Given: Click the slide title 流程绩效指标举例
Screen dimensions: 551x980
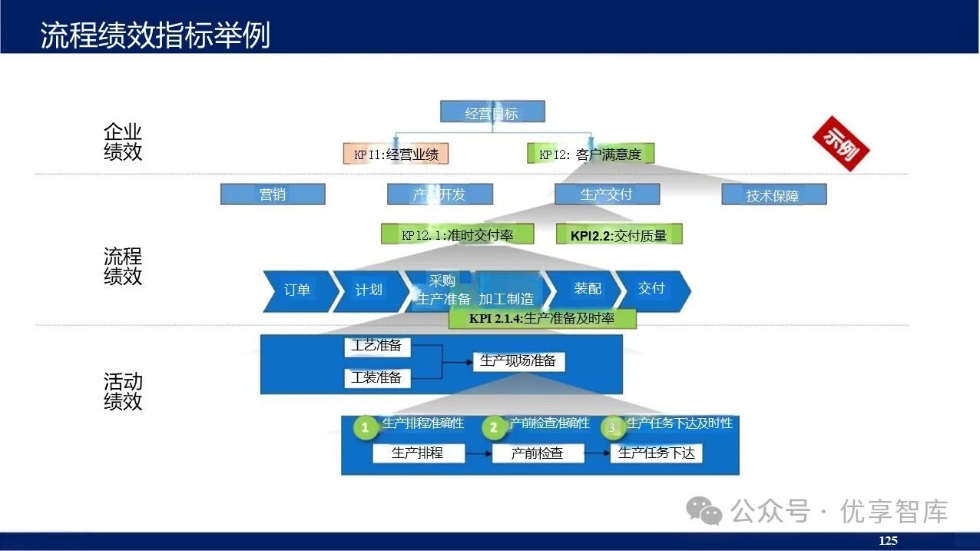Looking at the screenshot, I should (x=155, y=35).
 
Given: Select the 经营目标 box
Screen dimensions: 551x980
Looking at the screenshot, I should (x=492, y=113).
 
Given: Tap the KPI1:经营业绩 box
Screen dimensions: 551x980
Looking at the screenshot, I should (x=396, y=154).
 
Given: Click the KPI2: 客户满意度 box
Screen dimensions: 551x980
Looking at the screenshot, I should (x=590, y=154).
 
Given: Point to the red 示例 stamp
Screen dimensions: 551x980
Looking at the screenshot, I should (x=840, y=143).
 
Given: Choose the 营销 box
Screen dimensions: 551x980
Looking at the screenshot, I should (x=273, y=194).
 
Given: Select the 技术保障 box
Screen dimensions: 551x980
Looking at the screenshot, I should (x=773, y=195).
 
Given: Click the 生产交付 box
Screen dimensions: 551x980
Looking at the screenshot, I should (x=607, y=194).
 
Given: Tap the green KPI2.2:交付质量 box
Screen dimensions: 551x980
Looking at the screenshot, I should (x=618, y=235).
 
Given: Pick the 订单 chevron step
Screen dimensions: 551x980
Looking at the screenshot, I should (x=298, y=290).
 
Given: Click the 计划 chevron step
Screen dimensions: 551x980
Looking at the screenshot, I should (x=369, y=290).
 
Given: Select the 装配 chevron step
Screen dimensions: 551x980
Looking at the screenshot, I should (x=588, y=289).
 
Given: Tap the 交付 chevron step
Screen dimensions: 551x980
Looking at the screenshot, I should (x=651, y=289).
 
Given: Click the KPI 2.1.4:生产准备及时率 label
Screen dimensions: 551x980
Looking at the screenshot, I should (x=542, y=318).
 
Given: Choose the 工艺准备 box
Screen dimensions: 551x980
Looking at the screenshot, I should (x=377, y=347).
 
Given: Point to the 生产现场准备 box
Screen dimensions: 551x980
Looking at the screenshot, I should (x=518, y=360).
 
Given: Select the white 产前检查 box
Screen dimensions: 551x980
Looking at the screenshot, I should (x=537, y=453).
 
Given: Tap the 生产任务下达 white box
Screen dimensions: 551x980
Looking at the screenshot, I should (x=656, y=453).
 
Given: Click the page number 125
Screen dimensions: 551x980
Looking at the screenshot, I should (x=888, y=541).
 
